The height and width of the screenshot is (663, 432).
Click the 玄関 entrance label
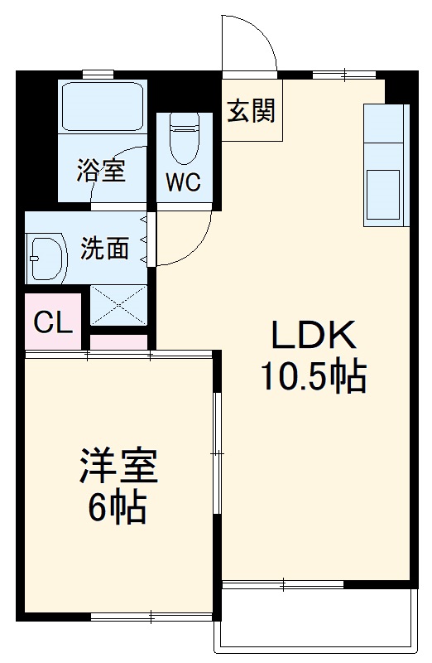(x=252, y=109)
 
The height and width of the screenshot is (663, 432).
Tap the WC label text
(x=183, y=183)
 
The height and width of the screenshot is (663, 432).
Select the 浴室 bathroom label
(x=101, y=171)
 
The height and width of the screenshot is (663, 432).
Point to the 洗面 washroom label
(x=104, y=248)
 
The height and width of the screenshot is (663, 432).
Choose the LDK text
(x=314, y=336)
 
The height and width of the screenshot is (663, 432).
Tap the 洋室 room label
(x=118, y=467)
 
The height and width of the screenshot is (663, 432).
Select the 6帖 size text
(x=118, y=507)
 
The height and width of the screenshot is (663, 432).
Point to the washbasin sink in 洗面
(x=45, y=258)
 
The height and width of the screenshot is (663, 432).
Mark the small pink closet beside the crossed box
(x=118, y=342)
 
